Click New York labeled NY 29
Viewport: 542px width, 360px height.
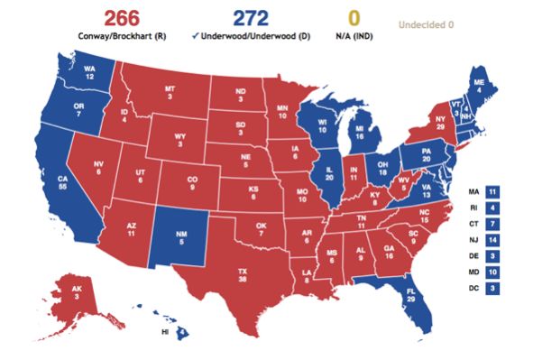(440, 123)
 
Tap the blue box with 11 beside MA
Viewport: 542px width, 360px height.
(491, 192)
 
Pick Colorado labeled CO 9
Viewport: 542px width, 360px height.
(191, 184)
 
